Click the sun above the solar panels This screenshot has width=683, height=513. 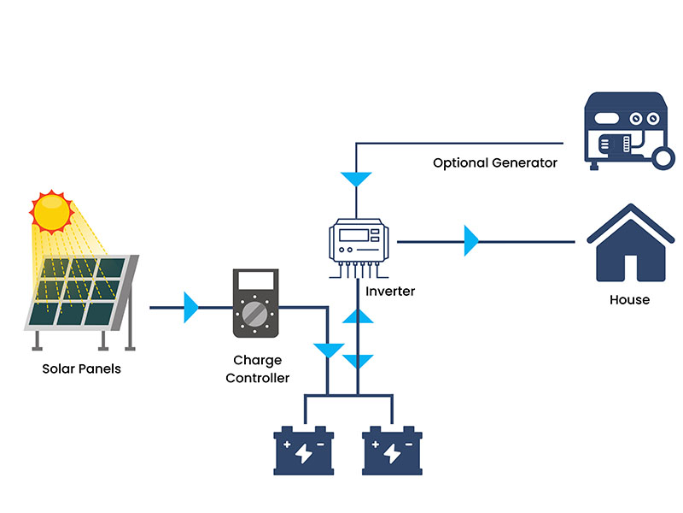(x=52, y=210)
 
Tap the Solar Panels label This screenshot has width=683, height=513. (x=82, y=369)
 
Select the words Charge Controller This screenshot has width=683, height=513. (x=258, y=369)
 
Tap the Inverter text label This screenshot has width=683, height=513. (x=390, y=292)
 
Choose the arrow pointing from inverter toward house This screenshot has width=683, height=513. (x=470, y=241)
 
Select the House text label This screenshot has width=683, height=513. (x=630, y=300)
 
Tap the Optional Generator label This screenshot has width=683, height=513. (x=495, y=162)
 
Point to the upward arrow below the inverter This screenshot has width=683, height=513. (x=359, y=316)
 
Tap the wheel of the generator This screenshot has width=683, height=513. (x=663, y=156)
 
